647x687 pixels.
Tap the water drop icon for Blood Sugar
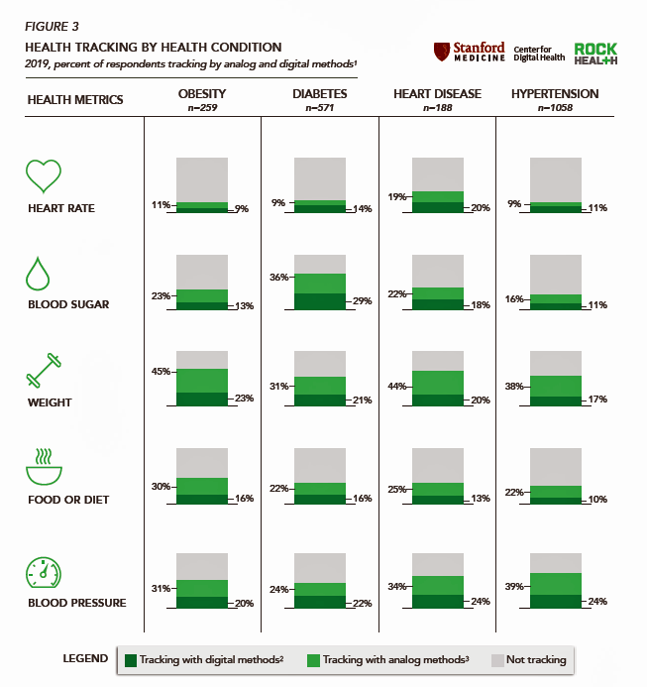[38, 273]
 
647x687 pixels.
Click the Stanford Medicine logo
[470, 52]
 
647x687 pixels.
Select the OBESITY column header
[201, 94]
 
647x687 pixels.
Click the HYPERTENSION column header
[554, 94]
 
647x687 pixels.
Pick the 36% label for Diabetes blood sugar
[279, 277]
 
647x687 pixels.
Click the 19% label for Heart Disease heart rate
[397, 196]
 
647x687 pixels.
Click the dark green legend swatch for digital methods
[129, 660]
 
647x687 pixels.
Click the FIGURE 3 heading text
[52, 26]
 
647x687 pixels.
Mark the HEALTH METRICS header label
[75, 99]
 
